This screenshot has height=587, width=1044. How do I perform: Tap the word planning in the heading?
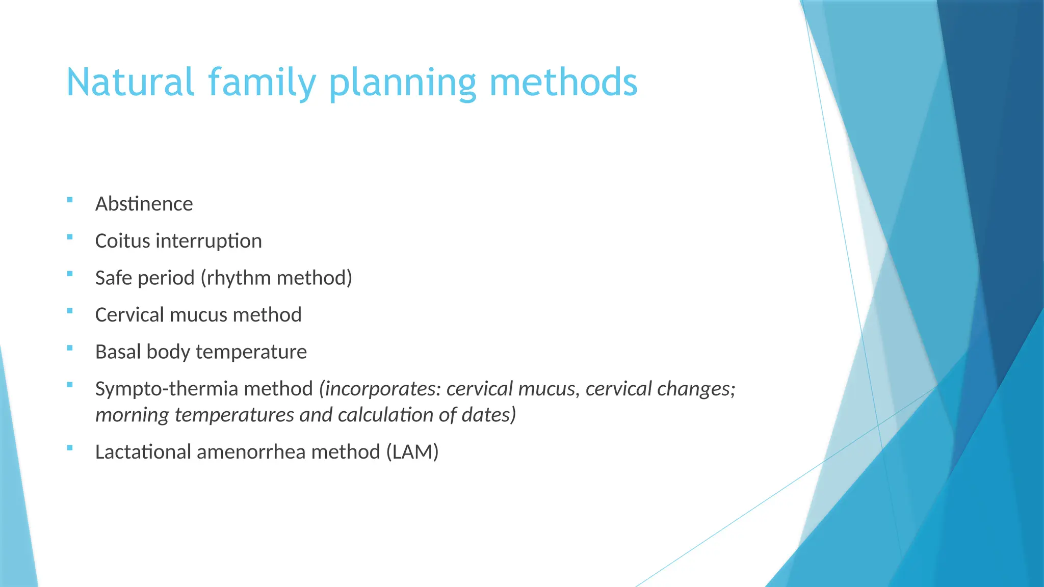coord(403,83)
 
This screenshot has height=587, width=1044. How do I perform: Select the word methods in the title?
coord(563,83)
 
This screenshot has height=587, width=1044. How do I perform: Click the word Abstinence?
coord(144,204)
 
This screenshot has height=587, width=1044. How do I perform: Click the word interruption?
coord(209,241)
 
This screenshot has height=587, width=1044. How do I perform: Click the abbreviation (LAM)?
coord(412,452)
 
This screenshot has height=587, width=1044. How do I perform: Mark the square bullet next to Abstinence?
coord(70,200)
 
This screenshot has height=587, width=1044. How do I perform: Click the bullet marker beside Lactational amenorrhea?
coord(70,448)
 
